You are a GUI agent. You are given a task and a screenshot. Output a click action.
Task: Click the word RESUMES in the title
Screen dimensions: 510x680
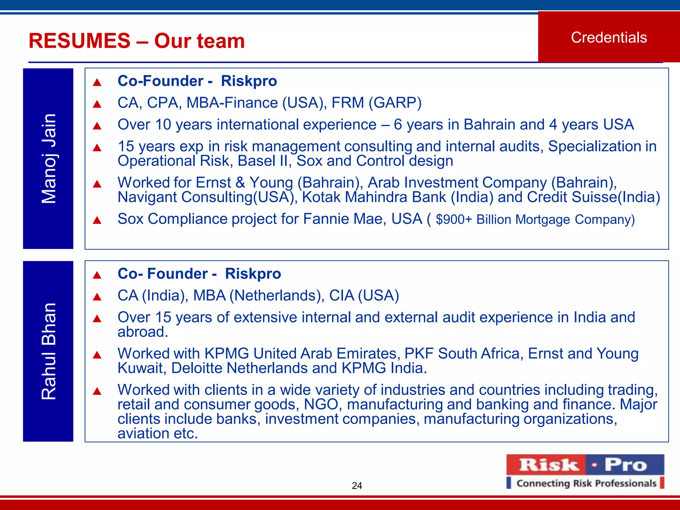(x=80, y=41)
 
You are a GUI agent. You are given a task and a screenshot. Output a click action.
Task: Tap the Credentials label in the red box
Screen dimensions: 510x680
(x=609, y=38)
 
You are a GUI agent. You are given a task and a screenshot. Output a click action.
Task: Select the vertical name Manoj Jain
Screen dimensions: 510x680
(x=48, y=158)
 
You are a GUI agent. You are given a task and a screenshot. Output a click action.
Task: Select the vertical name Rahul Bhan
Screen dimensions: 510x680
(x=48, y=351)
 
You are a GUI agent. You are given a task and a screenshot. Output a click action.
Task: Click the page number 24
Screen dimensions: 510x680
(x=357, y=485)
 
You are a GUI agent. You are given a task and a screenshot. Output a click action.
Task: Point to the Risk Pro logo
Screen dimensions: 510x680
(x=585, y=465)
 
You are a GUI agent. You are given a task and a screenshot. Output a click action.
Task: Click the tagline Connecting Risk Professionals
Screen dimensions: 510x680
(x=586, y=483)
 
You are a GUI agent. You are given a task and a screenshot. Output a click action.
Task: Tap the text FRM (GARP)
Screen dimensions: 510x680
(x=377, y=103)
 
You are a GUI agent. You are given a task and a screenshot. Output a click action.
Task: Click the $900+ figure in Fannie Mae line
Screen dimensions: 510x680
(x=454, y=219)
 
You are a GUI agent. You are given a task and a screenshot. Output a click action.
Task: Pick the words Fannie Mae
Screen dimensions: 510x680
(x=345, y=219)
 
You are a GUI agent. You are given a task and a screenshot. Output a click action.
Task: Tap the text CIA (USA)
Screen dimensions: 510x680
(x=364, y=296)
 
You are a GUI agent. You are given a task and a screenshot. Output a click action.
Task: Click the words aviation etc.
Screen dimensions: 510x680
(x=158, y=433)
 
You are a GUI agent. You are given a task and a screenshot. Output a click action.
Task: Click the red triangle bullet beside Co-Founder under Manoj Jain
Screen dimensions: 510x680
(x=97, y=82)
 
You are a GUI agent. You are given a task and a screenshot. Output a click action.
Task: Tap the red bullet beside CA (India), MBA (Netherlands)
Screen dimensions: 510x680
(x=97, y=297)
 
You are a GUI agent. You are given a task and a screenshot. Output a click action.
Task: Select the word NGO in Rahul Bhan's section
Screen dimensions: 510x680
(x=321, y=404)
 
